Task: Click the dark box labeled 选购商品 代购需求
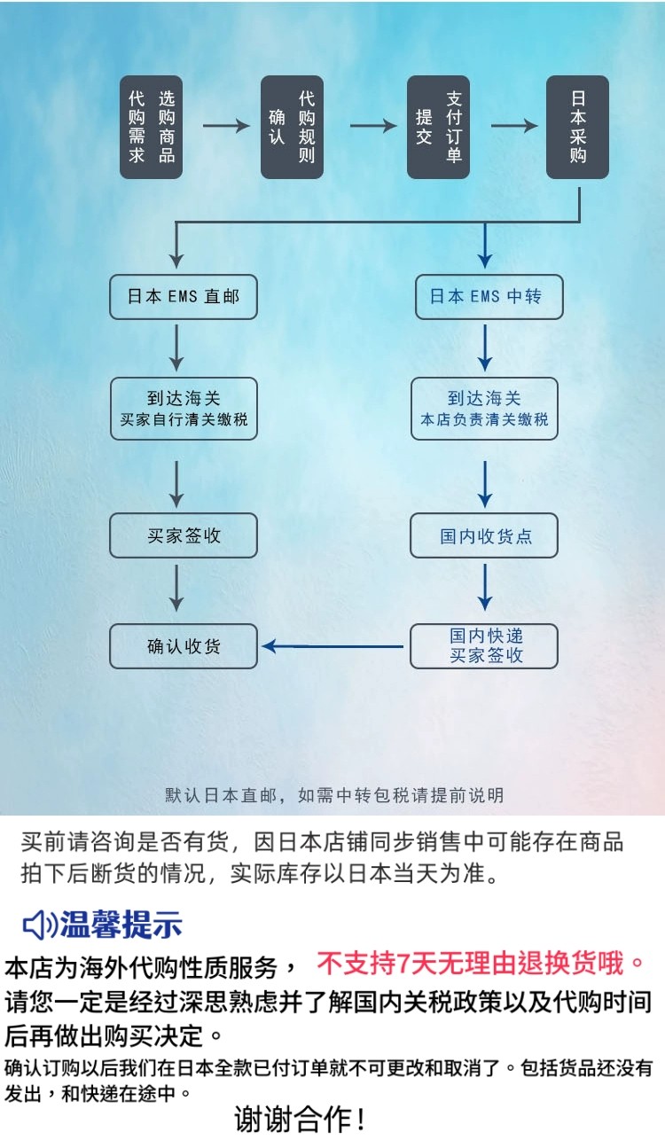pyautogui.click(x=152, y=127)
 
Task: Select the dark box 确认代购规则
pyautogui.click(x=292, y=127)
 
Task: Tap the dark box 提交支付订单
pyautogui.click(x=438, y=127)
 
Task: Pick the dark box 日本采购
pyautogui.click(x=577, y=127)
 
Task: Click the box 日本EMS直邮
pyautogui.click(x=184, y=297)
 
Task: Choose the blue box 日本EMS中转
pyautogui.click(x=485, y=297)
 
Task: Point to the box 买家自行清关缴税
pyautogui.click(x=184, y=408)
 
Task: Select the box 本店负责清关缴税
pyautogui.click(x=485, y=408)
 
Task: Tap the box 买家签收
pyautogui.click(x=184, y=535)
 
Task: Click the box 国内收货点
pyautogui.click(x=485, y=536)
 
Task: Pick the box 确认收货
pyautogui.click(x=184, y=646)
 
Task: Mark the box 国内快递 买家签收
pyautogui.click(x=485, y=646)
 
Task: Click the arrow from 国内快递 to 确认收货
pyautogui.click(x=333, y=646)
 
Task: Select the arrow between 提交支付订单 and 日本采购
pyautogui.click(x=514, y=126)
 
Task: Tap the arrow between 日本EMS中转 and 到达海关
pyautogui.click(x=485, y=347)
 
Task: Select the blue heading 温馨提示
pyautogui.click(x=121, y=925)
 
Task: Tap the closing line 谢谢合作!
pyautogui.click(x=301, y=1120)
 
